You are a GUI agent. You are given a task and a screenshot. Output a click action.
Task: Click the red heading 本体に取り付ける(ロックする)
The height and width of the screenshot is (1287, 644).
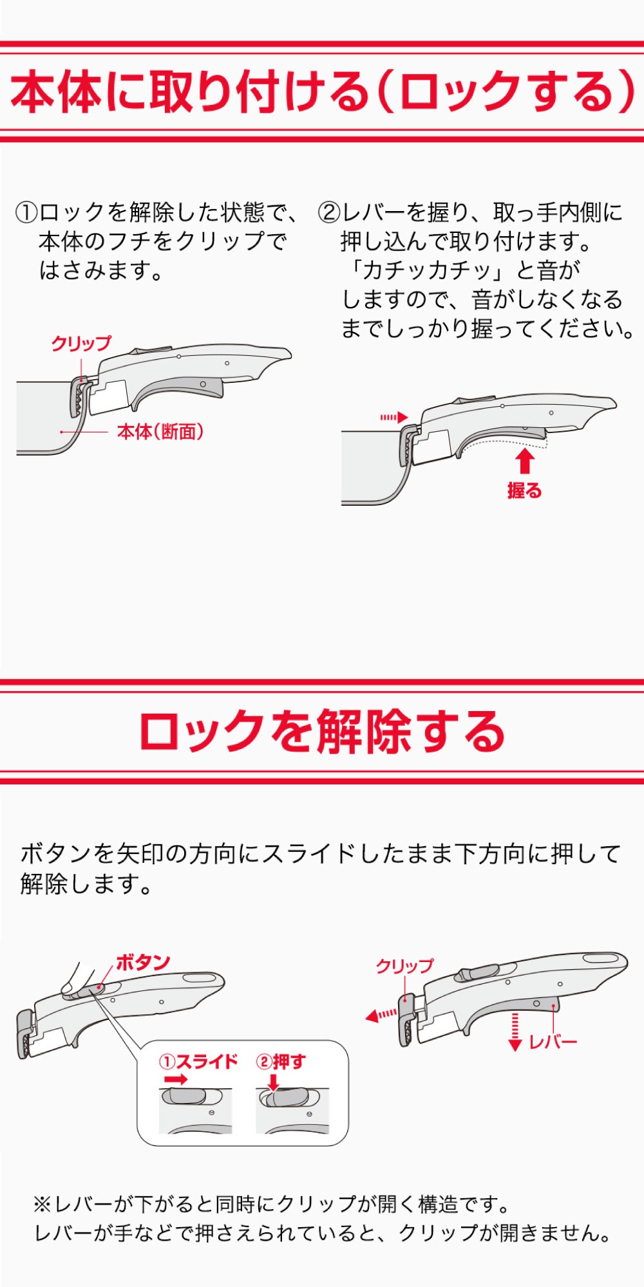coord(322,91)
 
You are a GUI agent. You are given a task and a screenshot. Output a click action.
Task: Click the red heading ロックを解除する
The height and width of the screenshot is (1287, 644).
coord(322,732)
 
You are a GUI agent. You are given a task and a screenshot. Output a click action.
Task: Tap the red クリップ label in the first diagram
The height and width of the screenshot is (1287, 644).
coord(81,344)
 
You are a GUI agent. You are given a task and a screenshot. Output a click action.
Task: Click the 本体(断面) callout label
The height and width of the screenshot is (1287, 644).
coord(160,431)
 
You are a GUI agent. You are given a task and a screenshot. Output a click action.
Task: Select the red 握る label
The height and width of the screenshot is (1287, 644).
coord(525,490)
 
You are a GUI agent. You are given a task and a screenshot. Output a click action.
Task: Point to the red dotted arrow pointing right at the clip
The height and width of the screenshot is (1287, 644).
coord(394,417)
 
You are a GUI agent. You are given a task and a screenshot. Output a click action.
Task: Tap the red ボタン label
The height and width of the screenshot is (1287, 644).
coord(142,963)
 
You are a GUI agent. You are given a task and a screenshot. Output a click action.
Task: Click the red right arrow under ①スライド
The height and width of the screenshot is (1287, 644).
coord(176,1079)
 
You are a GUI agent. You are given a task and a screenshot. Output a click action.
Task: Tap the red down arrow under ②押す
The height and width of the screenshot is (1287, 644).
coord(274,1082)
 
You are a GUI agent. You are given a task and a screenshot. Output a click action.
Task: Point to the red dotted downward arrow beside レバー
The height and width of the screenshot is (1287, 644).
coord(515,1032)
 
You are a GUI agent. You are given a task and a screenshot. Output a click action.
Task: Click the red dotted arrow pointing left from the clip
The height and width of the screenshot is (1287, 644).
coord(381,1015)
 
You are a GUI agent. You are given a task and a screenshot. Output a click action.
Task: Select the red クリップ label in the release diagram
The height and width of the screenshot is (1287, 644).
coord(405,966)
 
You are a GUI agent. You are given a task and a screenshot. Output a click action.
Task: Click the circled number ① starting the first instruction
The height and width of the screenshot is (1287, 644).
coord(26,212)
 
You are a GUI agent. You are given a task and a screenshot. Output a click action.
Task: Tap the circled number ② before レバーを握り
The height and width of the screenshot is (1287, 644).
coord(328,212)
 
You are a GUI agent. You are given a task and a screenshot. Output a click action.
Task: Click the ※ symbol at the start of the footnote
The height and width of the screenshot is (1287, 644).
coord(41,1203)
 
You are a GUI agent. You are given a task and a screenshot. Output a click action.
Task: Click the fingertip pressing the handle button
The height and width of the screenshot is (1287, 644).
coord(68,988)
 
